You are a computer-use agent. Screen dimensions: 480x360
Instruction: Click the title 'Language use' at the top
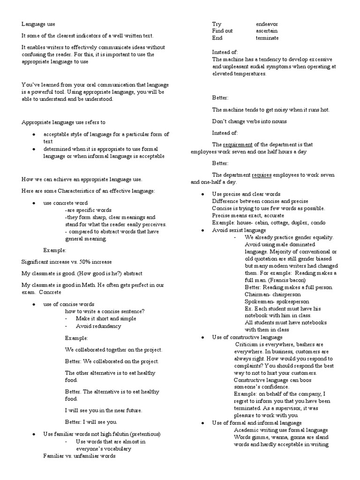pos(38,23)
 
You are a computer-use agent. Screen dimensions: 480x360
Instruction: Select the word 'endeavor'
pos(268,23)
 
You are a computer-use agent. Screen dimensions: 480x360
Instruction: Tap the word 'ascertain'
pos(267,30)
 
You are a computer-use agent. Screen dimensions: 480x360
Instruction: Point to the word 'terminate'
pos(267,38)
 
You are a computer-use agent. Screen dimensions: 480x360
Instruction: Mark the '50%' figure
pos(85,262)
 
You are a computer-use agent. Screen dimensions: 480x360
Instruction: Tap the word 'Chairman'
pos(257,294)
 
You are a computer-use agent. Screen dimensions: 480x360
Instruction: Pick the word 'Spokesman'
pos(259,301)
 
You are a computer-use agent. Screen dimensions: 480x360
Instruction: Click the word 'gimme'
pos(260,437)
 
